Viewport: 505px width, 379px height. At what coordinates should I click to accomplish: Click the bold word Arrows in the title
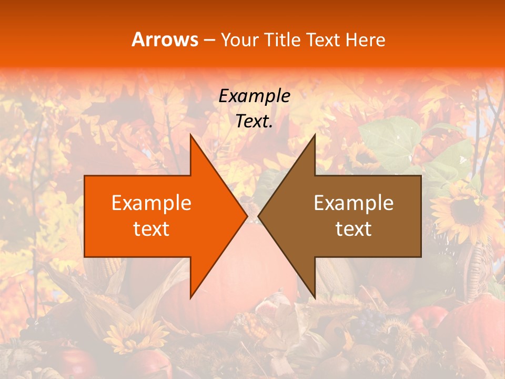pos(165,39)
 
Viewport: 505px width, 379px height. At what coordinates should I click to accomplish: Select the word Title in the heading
pos(279,39)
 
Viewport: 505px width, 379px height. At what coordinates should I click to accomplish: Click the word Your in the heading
pos(239,40)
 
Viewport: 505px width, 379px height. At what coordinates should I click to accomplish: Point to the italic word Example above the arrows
pos(254,96)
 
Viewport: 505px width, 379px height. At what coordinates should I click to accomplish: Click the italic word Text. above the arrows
pos(254,121)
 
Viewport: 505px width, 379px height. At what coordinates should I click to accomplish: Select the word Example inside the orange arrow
pos(151,203)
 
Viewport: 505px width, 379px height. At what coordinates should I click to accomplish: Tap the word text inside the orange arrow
pos(151,229)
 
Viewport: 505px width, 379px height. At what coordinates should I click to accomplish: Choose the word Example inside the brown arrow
pos(353,203)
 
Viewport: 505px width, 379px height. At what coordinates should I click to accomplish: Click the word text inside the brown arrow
pos(353,229)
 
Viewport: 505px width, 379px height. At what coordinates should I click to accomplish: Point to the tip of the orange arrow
pos(247,216)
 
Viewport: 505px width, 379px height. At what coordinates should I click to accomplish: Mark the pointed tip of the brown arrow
pos(259,216)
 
